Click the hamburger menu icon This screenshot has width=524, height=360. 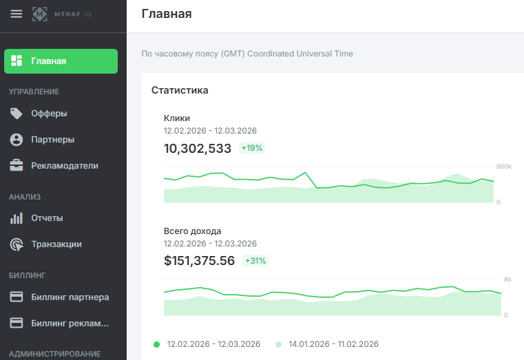pyautogui.click(x=16, y=14)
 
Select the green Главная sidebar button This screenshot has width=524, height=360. pyautogui.click(x=61, y=61)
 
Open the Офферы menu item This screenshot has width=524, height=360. pyautogui.click(x=49, y=114)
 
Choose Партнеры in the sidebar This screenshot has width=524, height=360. pyautogui.click(x=52, y=140)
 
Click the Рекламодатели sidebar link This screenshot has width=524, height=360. pyautogui.click(x=64, y=166)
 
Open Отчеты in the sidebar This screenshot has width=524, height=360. pyautogui.click(x=47, y=218)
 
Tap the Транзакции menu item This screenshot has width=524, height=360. pyautogui.click(x=56, y=244)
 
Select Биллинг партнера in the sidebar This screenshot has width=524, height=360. pyautogui.click(x=70, y=297)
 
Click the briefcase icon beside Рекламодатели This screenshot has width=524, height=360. pyautogui.click(x=17, y=166)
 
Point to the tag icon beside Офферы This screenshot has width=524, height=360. pyautogui.click(x=17, y=114)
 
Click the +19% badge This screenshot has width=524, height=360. pyautogui.click(x=252, y=148)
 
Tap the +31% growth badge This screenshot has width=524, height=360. pyautogui.click(x=255, y=261)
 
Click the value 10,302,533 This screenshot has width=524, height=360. pyautogui.click(x=198, y=148)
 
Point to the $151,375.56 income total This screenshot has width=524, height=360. pyautogui.click(x=199, y=261)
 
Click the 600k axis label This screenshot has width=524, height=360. pyautogui.click(x=504, y=167)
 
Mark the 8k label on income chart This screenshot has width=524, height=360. pyautogui.click(x=507, y=279)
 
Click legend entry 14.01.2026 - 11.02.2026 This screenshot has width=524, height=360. pyautogui.click(x=333, y=344)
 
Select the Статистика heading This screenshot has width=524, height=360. pyautogui.click(x=180, y=90)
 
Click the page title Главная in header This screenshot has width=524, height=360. pyautogui.click(x=167, y=14)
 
